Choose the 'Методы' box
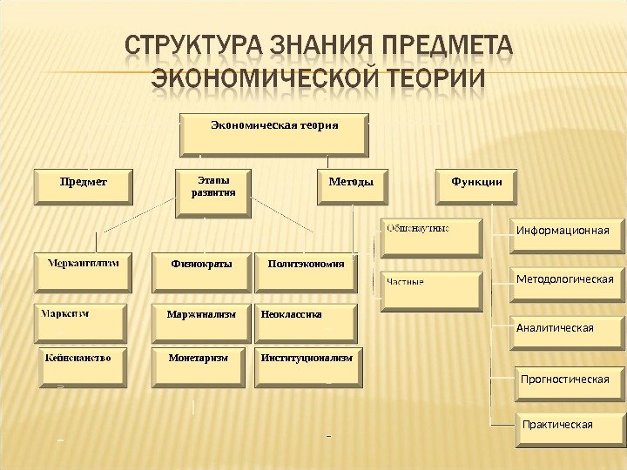pos(351,186)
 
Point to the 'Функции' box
pos(475,185)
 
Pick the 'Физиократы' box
pos(201,272)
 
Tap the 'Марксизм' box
pos(79,321)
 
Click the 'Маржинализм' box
pos(201,322)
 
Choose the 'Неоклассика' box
pos(307,322)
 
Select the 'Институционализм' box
pos(307,366)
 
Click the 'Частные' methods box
pos(432,291)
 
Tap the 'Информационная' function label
pos(563,231)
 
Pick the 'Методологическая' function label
pos(565,279)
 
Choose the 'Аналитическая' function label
pos(556,328)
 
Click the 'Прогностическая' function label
pos(564,379)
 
